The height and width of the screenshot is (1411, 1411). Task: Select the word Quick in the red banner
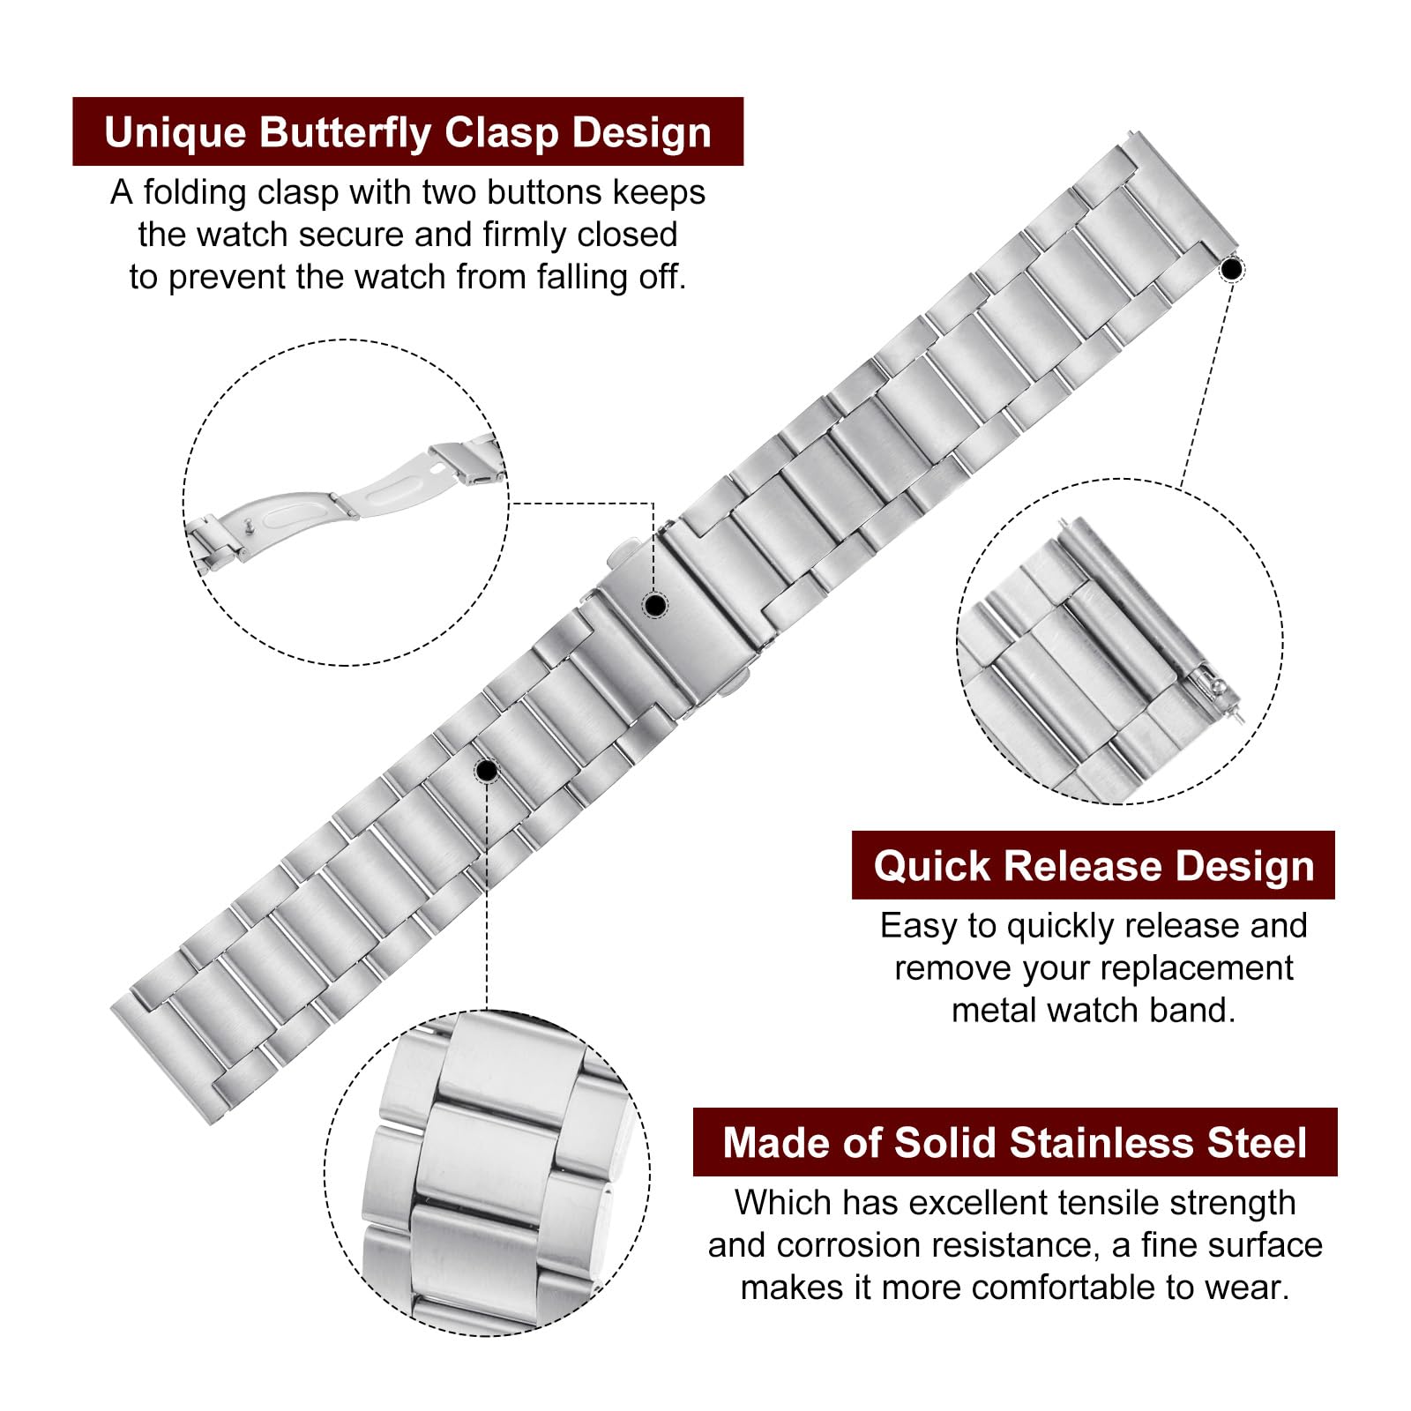tap(932, 866)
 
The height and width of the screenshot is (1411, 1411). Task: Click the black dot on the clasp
tap(654, 605)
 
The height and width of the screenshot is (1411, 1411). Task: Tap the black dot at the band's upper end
tap(1230, 268)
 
